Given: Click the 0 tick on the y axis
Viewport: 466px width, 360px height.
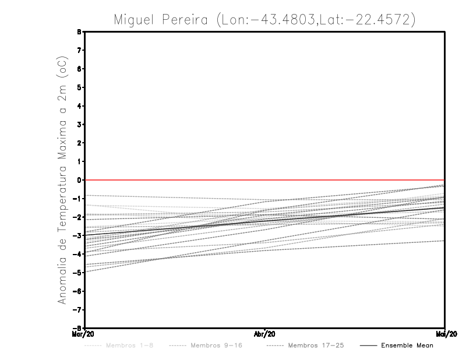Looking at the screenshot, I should pyautogui.click(x=79, y=180).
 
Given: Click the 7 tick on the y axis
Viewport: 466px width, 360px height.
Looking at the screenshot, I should pyautogui.click(x=79, y=51).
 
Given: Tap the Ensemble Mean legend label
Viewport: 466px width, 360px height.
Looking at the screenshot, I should pyautogui.click(x=407, y=345).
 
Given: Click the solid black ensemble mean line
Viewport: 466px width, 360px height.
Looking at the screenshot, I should pyautogui.click(x=265, y=220).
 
